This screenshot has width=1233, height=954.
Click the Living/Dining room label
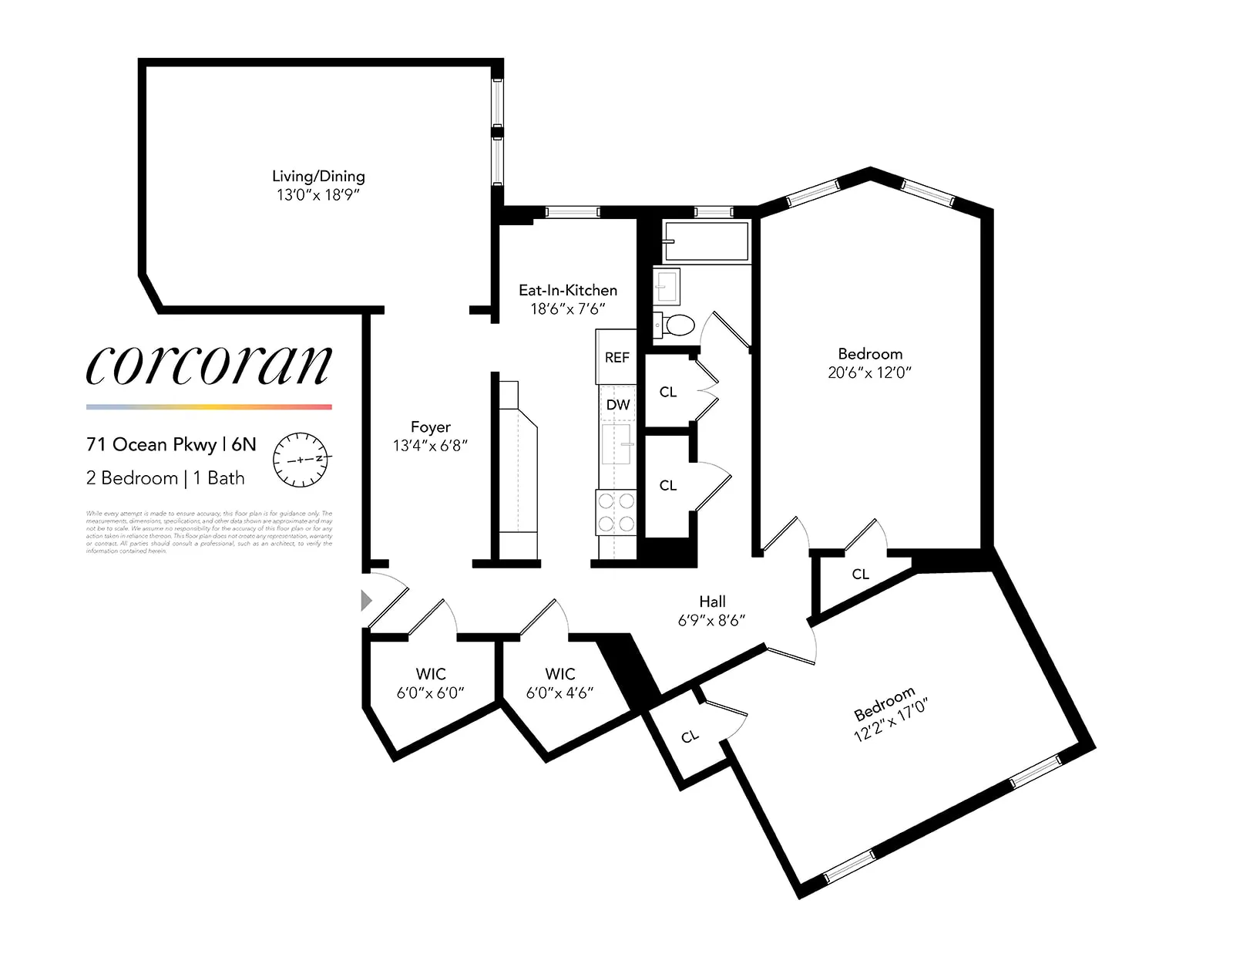318,177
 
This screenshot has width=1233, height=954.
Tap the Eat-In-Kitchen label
568,291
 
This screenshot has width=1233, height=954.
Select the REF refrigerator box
616,357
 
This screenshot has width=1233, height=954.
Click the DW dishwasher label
617,404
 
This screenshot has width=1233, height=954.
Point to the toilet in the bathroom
676,325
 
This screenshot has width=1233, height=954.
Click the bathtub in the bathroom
707,241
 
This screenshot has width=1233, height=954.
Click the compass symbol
301,460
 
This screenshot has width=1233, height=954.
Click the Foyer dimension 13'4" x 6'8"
430,446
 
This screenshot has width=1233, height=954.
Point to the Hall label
712,602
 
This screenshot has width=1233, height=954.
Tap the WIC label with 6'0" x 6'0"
430,674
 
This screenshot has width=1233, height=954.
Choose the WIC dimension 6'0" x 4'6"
559,693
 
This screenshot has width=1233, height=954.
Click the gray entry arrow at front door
367,600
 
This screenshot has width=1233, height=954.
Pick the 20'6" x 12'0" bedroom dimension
870,372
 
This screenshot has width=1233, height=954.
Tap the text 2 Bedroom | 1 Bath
166,478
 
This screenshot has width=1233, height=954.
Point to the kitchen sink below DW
616,443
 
